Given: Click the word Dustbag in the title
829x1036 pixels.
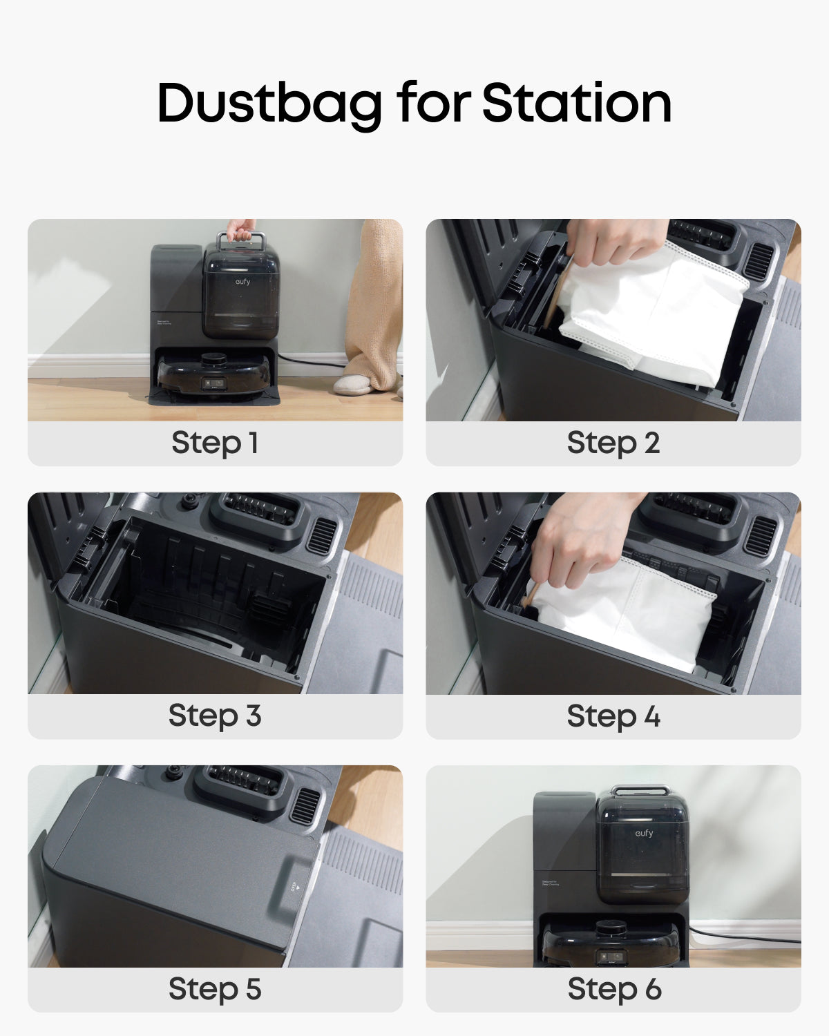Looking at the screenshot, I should pos(269,104).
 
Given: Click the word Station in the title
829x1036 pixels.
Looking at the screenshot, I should pos(576,104).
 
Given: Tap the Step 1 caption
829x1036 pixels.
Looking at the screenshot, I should pos(215,443).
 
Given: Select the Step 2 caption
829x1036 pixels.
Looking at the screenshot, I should pos(613,443).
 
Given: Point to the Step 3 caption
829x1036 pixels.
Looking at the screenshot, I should pos(215,716).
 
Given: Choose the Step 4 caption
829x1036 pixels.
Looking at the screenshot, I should pos(613,716).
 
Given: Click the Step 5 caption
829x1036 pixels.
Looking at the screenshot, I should pos(215,989).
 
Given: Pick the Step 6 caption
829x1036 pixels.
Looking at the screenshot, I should pos(614,989).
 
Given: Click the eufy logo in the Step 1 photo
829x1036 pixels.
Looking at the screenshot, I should pos(242,281).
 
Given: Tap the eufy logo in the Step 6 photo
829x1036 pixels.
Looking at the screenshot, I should pos(644,833).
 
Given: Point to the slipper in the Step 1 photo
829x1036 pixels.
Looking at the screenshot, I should pos(354,385).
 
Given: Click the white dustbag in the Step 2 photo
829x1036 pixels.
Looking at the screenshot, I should pos(656,311).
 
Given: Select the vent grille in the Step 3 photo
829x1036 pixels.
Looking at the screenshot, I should pos(321,535).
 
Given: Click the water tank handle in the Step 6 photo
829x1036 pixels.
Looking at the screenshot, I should pos(640,790).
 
